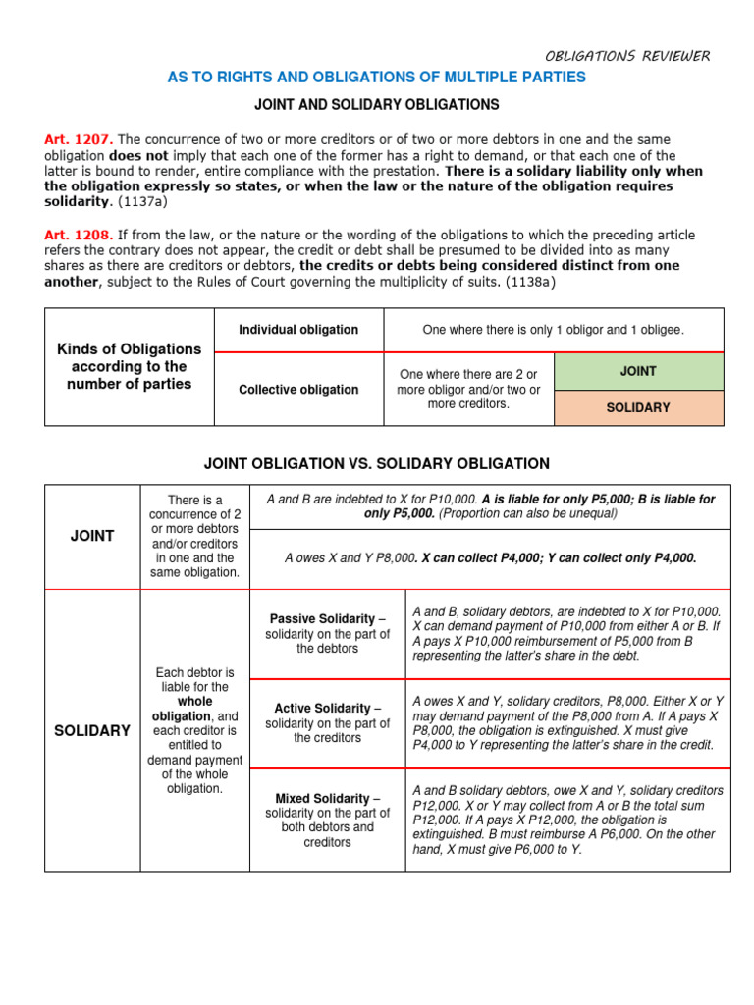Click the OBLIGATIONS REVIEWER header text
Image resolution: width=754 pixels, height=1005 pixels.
tap(627, 55)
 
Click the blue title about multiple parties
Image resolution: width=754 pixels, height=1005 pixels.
tap(376, 78)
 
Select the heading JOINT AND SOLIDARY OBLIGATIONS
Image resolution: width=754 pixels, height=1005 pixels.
tap(377, 104)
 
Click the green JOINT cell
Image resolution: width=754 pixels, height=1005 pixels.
tap(638, 371)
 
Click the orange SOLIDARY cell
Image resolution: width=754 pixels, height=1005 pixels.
tap(638, 407)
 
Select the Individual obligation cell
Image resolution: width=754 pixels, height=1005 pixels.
tap(298, 330)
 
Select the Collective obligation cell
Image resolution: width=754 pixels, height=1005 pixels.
tap(298, 390)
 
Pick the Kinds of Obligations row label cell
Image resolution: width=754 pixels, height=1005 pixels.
tap(129, 366)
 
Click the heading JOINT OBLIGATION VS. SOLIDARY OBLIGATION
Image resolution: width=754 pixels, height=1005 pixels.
tap(376, 463)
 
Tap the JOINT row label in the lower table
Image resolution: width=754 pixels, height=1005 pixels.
tap(92, 536)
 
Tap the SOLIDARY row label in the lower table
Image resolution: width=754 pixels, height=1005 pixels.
tap(92, 731)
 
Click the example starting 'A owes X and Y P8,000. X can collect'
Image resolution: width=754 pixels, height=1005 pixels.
tap(491, 557)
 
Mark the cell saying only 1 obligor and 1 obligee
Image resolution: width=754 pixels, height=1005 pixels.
tap(553, 330)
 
